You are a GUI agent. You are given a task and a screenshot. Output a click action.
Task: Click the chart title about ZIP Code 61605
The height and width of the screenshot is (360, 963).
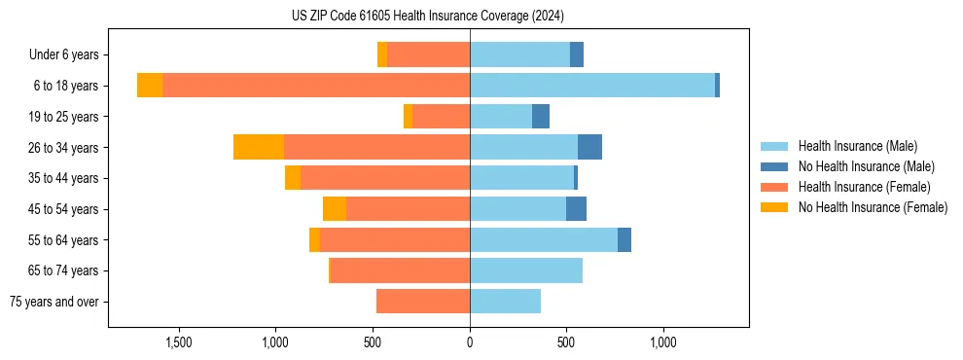click(428, 17)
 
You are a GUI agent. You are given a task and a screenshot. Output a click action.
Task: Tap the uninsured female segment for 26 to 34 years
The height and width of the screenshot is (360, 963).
click(259, 147)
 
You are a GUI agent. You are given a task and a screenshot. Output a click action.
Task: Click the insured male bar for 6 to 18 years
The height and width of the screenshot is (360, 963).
click(591, 86)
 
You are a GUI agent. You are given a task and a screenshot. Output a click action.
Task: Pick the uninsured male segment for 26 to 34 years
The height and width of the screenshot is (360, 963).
click(589, 147)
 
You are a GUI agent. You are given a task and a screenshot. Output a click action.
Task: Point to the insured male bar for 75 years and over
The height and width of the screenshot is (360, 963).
click(505, 302)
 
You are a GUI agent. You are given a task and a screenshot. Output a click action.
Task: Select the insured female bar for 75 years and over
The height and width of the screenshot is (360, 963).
click(423, 302)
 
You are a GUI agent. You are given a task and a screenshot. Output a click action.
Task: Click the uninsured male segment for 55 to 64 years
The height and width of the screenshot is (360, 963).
click(624, 239)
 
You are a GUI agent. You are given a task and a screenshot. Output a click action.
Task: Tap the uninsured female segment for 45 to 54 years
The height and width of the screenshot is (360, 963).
click(335, 209)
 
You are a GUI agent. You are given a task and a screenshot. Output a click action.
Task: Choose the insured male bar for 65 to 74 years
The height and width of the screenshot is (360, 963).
click(526, 270)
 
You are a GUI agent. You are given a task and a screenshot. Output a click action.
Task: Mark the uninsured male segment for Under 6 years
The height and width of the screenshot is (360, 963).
click(577, 54)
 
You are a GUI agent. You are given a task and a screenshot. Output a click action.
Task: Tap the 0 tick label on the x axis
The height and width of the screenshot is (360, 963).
click(470, 342)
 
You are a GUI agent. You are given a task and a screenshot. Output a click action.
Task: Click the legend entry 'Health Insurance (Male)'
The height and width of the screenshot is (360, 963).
click(857, 146)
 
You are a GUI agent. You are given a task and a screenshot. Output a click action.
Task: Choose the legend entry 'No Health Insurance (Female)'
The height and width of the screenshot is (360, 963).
click(873, 207)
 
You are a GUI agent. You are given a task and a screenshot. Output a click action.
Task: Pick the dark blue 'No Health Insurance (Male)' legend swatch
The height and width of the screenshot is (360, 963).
click(774, 166)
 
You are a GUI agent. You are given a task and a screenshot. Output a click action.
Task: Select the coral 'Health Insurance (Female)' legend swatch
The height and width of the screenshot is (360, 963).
click(774, 187)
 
